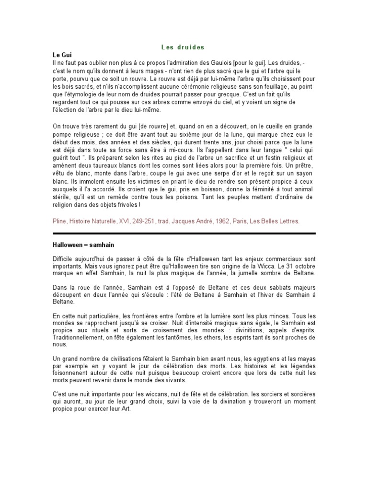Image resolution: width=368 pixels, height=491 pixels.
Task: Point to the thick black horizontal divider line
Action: click(184, 234)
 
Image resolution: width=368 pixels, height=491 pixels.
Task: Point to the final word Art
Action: click(125, 410)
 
